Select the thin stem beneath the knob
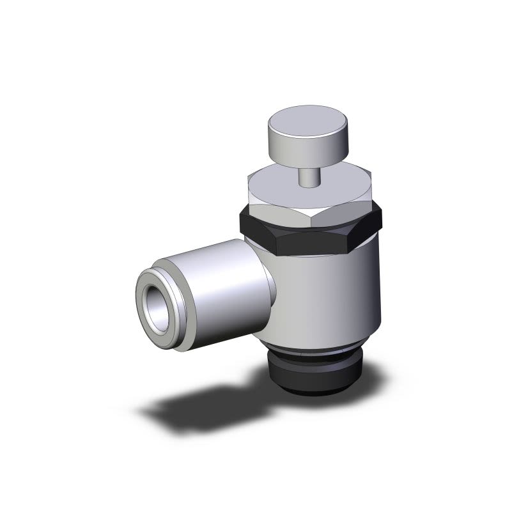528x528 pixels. click(307, 176)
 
